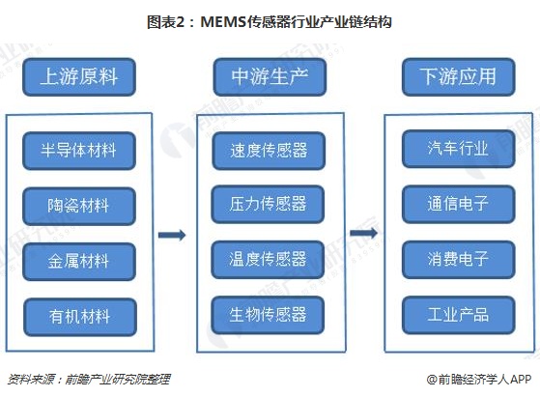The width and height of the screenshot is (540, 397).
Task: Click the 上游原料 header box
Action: click(79, 76)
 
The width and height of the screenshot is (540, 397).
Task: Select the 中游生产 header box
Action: click(270, 76)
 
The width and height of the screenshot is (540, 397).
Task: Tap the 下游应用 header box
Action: click(459, 76)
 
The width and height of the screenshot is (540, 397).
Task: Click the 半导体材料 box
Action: click(79, 151)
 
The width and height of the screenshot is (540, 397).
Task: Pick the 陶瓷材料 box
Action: click(79, 207)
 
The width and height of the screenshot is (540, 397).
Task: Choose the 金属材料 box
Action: click(79, 262)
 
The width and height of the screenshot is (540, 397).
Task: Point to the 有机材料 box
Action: click(80, 317)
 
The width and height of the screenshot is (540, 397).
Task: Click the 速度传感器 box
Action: click(269, 151)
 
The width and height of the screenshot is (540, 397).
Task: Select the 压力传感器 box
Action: click(268, 204)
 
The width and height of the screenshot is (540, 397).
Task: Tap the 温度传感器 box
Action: click(268, 260)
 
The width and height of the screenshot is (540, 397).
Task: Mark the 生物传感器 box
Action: click(268, 315)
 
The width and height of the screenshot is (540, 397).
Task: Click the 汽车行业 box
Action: click(459, 149)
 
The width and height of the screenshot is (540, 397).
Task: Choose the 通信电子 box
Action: click(459, 204)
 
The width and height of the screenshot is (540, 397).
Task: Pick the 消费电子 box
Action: click(459, 260)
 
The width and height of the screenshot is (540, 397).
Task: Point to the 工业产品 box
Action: click(459, 315)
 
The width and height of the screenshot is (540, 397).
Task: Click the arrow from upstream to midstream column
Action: click(172, 235)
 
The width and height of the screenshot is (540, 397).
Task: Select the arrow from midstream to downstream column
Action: click(363, 233)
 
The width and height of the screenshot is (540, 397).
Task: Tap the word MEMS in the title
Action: click(223, 22)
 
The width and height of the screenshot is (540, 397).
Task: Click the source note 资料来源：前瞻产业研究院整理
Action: click(89, 380)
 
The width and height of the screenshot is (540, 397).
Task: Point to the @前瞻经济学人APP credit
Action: click(479, 380)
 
